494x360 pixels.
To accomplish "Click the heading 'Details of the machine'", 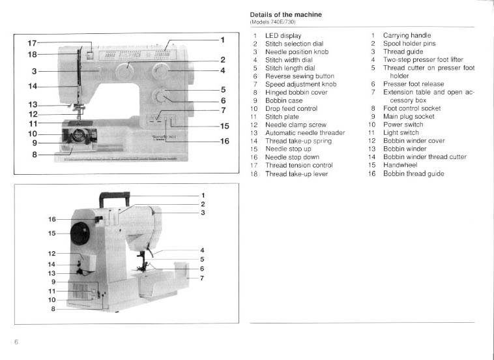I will (285, 14).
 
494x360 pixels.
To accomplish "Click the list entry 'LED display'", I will (283, 35).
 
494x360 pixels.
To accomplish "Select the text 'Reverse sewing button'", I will (299, 76).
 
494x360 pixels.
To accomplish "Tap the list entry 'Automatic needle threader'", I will (304, 133).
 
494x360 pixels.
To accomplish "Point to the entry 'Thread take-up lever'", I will (296, 174).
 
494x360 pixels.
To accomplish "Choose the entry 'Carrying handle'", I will (407, 35).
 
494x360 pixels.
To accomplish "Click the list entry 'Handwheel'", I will (400, 166).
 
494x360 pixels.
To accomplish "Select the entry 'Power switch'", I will (403, 125).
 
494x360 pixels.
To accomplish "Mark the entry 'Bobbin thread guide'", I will (413, 174).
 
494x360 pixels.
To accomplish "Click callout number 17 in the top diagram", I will (32, 43).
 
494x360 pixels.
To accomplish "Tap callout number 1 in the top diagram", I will (222, 40).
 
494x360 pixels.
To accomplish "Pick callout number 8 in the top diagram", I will (35, 155).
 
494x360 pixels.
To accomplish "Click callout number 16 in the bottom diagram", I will (52, 219).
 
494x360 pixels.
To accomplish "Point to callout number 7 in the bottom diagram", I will (203, 278).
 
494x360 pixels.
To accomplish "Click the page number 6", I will (16, 342).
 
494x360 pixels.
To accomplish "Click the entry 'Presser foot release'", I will (413, 84).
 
